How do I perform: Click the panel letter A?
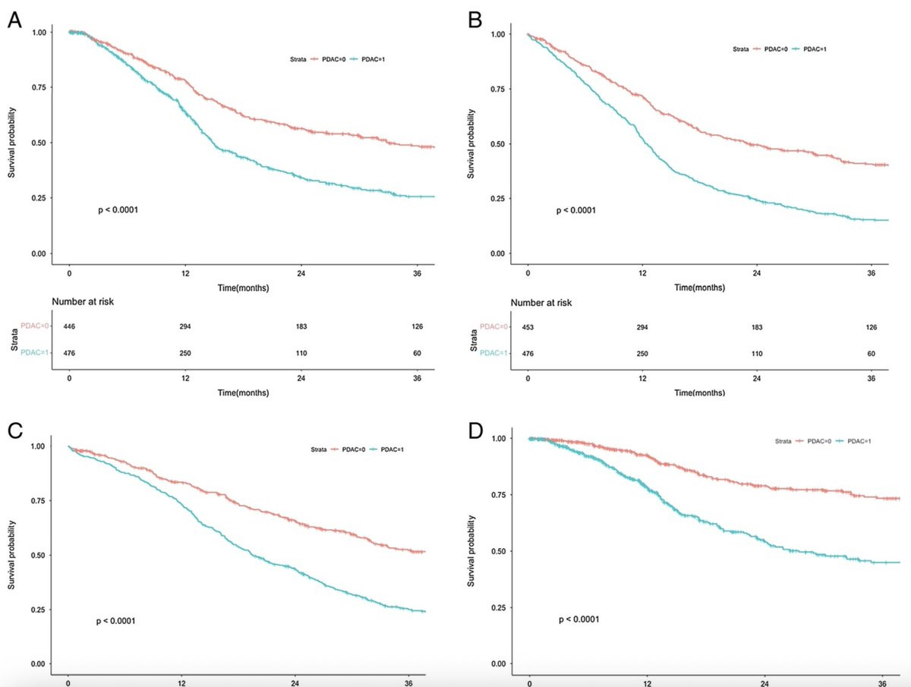pyautogui.click(x=14, y=20)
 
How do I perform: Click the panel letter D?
pyautogui.click(x=476, y=431)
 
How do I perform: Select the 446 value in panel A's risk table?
pyautogui.click(x=69, y=326)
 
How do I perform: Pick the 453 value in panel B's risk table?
pyautogui.click(x=528, y=327)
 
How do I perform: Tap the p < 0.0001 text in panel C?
pyautogui.click(x=116, y=621)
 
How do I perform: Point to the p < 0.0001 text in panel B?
pyautogui.click(x=576, y=210)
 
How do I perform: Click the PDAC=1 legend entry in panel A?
pyautogui.click(x=367, y=59)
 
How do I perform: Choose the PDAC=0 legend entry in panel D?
pyautogui.click(x=813, y=441)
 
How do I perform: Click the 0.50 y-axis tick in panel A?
pyautogui.click(x=39, y=143)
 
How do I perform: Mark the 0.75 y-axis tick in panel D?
pyautogui.click(x=499, y=495)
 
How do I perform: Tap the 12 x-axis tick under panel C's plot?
pyautogui.click(x=181, y=683)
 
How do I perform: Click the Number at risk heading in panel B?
pyautogui.click(x=541, y=303)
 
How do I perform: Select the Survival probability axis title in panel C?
pyautogui.click(x=11, y=555)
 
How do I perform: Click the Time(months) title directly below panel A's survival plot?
pyautogui.click(x=243, y=288)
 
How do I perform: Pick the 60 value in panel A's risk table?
pyautogui.click(x=417, y=353)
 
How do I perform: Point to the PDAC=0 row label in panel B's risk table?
pyautogui.click(x=494, y=326)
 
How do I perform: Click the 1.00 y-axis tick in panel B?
pyautogui.click(x=498, y=34)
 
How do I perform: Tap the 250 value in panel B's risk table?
pyautogui.click(x=642, y=354)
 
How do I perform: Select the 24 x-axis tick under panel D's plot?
pyautogui.click(x=764, y=684)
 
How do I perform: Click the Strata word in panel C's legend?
pyautogui.click(x=319, y=449)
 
